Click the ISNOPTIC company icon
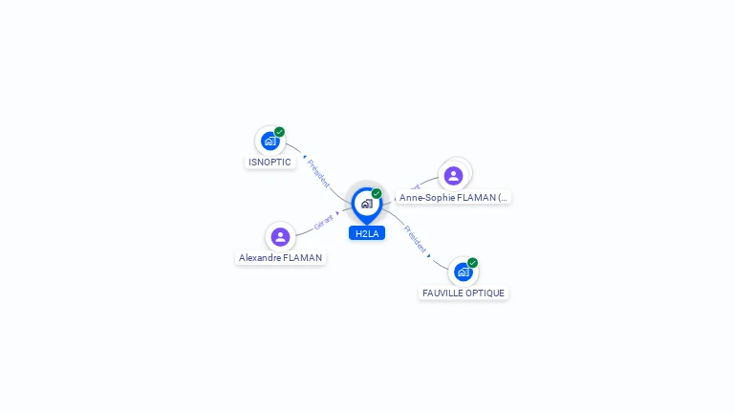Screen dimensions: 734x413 point(270,141)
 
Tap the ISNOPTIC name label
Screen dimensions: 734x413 point(270,163)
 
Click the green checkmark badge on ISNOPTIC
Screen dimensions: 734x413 point(279,132)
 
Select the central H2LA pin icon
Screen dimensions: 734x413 point(366,204)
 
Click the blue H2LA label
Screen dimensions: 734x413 point(367,233)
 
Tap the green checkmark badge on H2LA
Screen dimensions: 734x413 point(377,193)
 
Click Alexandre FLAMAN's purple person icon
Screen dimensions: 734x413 point(280,236)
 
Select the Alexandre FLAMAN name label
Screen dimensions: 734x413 point(281,258)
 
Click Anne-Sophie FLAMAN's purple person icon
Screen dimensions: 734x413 point(454,176)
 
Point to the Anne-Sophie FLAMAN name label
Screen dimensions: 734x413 point(453,198)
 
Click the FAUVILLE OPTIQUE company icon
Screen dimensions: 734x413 point(464,272)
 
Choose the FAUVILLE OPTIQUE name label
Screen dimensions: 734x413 point(464,293)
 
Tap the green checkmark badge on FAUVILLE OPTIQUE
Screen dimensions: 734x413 point(472,263)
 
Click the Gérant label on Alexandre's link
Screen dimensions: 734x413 point(324,220)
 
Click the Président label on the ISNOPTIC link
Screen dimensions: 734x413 point(318,173)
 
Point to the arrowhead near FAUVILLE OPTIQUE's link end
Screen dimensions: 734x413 point(429,255)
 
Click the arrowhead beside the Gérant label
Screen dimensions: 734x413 point(338,212)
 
